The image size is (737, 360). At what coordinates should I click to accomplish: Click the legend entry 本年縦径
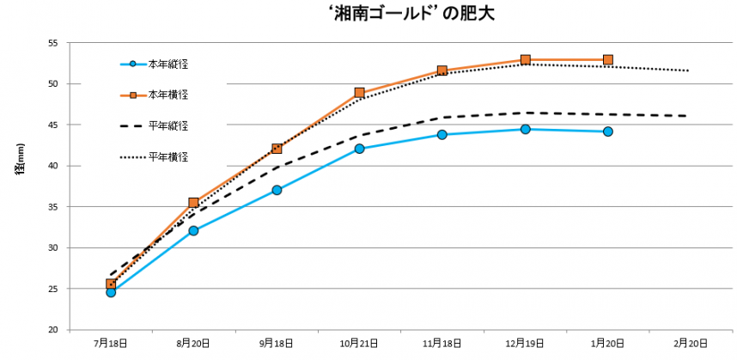(167, 64)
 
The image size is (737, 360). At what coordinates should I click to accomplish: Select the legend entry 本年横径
(167, 94)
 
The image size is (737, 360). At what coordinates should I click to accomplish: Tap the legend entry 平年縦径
(167, 125)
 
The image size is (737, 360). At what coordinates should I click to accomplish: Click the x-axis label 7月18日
(111, 343)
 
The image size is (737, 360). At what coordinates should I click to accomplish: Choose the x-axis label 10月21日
(359, 343)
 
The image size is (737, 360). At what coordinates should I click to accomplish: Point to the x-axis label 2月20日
(690, 343)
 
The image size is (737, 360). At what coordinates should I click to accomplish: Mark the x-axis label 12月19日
(525, 343)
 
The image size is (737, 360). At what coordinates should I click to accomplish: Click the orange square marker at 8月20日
(193, 203)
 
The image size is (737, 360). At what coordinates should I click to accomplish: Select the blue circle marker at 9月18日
(277, 190)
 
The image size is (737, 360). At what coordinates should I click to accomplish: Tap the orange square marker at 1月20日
(607, 60)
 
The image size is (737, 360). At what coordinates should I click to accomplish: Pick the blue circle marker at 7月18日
(111, 292)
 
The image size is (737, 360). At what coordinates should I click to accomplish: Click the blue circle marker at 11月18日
(442, 134)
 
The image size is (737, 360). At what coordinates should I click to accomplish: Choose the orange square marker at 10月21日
(359, 93)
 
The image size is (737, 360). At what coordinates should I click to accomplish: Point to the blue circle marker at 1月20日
(607, 131)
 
